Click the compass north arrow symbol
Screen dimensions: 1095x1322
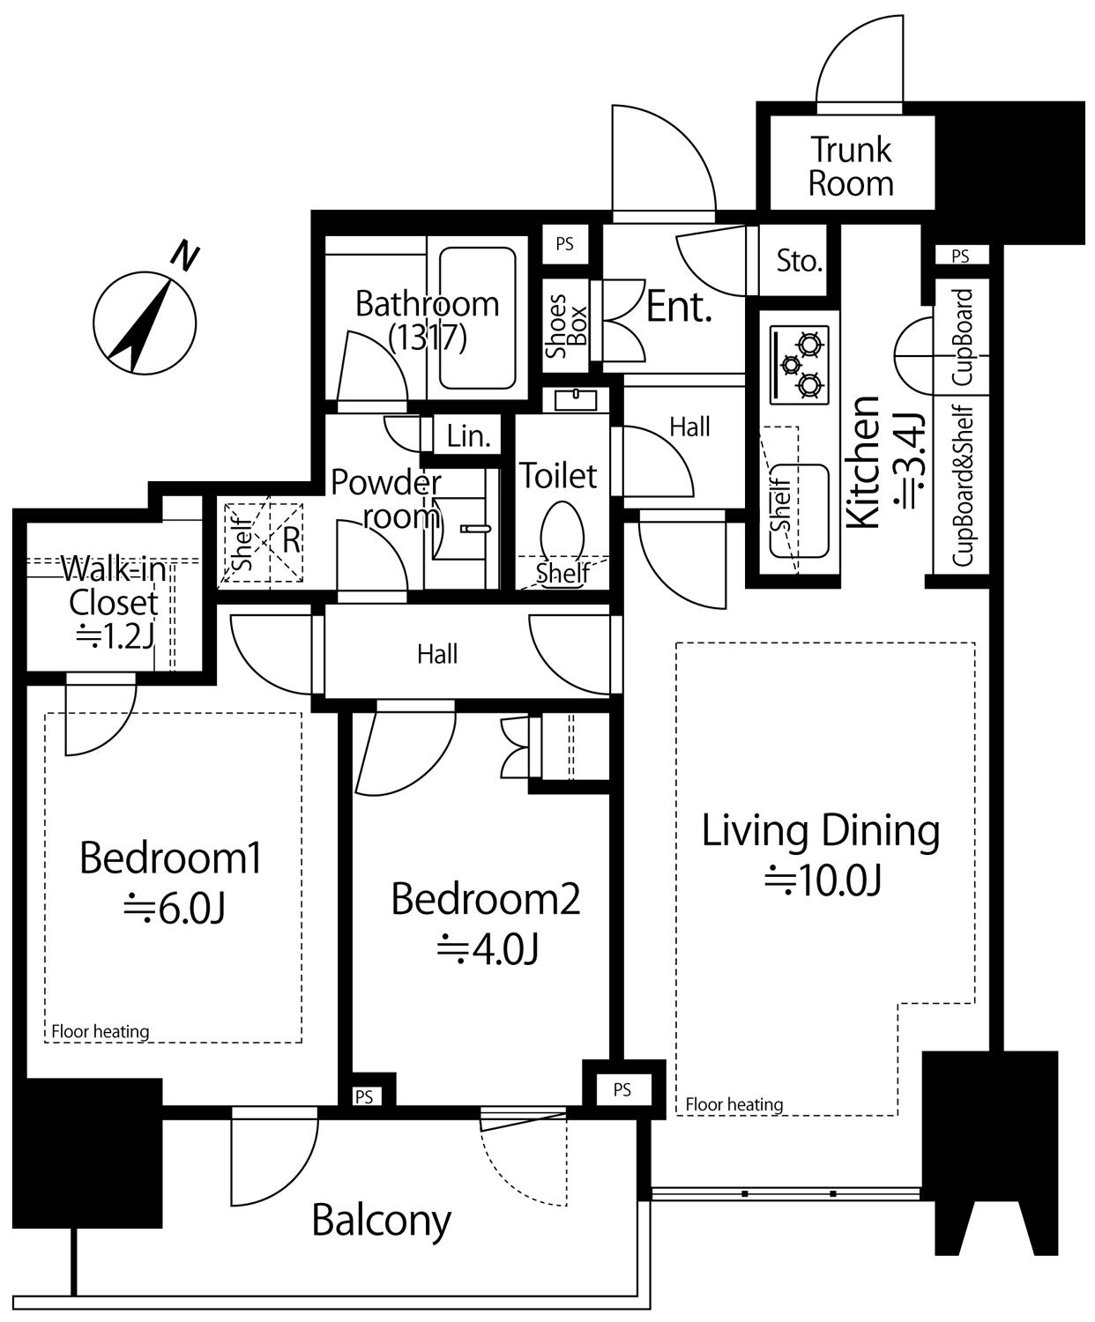pos(145,322)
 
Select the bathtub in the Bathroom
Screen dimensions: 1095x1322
pos(477,317)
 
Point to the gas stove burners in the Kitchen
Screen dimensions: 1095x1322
pos(800,365)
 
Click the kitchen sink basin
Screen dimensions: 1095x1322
pos(800,511)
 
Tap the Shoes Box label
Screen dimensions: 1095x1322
pos(566,326)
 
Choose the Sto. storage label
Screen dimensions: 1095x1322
pos(800,261)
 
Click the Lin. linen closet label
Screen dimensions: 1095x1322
pos(469,436)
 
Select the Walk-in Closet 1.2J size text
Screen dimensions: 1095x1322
pos(115,637)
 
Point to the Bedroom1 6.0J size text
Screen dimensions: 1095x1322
pos(175,909)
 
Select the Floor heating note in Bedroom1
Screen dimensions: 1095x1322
pos(100,1031)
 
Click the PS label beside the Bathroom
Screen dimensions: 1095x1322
pos(564,244)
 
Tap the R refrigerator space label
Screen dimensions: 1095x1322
pos(291,540)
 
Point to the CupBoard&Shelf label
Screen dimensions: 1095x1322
pos(962,486)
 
